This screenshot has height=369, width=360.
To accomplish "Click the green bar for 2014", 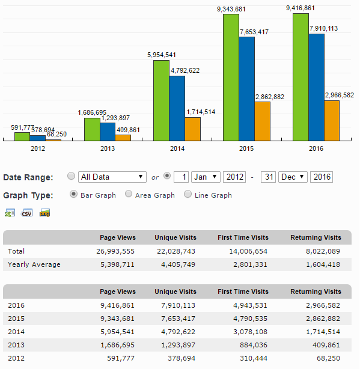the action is point(162,100).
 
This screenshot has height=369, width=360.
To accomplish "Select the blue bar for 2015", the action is point(247,89).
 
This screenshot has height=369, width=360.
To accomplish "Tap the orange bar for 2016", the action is point(332,121).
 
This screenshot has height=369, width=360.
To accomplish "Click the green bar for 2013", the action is point(92,129).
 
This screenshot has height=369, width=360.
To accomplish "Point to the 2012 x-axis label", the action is point(38,148).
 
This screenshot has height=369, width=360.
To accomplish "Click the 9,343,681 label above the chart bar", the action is point(231,9).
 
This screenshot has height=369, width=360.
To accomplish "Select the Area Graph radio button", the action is point(129,194).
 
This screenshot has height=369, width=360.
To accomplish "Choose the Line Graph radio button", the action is point(188,194).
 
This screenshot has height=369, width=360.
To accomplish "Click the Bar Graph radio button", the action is point(73,194).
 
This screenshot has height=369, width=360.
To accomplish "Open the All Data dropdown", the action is point(112,177).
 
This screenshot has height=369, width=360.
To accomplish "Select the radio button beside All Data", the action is point(71,176).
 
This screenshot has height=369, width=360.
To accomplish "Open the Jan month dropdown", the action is point(206,177).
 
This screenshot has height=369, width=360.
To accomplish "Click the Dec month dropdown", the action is point(293,177).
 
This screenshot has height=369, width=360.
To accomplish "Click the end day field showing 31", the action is point(268,177).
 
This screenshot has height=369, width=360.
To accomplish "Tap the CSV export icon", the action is point(26,213).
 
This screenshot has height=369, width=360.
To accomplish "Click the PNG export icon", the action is point(44,213).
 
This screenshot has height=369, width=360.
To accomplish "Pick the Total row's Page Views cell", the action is point(115,251).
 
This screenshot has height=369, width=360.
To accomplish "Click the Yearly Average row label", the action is point(34,264).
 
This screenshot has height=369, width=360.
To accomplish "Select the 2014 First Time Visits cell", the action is point(250,332).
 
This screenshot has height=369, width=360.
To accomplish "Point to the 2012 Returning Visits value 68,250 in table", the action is point(328,358).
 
